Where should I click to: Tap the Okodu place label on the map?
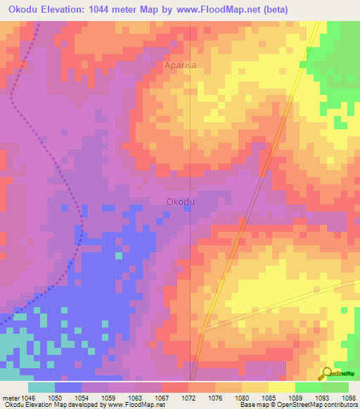pyautogui.click(x=180, y=201)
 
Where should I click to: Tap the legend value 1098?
pyautogui.click(x=349, y=398)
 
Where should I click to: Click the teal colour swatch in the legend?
pyautogui.click(x=41, y=387)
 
